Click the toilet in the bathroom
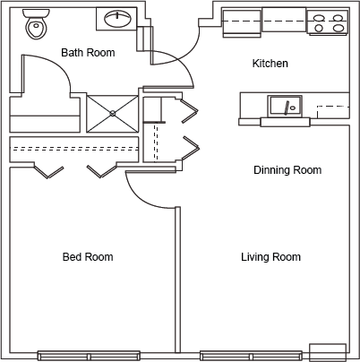click(36, 24)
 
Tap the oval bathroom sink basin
click(117, 19)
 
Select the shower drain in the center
click(113, 113)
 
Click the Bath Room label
click(88, 53)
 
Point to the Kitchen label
click(270, 64)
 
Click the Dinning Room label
click(287, 170)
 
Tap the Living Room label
click(270, 257)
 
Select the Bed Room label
click(88, 257)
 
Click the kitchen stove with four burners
click(328, 22)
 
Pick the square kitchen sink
click(285, 106)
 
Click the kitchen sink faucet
click(287, 108)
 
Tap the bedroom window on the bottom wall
click(89, 356)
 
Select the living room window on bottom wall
click(251, 356)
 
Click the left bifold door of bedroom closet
click(48, 172)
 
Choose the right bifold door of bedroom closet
click(101, 171)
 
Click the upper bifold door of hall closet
click(190, 110)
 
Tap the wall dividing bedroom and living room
click(177, 280)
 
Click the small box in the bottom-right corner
click(328, 352)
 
